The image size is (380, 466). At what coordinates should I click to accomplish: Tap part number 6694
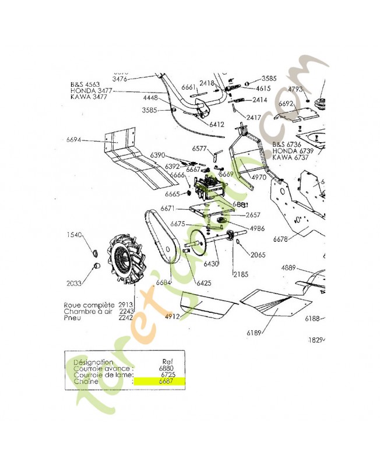click(74, 140)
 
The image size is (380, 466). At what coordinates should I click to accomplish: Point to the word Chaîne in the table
click(85, 383)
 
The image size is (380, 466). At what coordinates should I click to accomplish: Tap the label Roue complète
click(90, 305)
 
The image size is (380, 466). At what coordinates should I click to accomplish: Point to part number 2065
click(258, 255)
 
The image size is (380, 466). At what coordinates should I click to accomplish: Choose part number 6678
click(280, 239)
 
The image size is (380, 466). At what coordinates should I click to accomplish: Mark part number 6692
click(286, 104)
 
